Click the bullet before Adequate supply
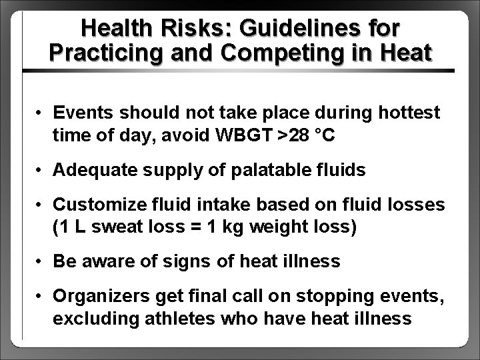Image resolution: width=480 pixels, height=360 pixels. tap(41, 171)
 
